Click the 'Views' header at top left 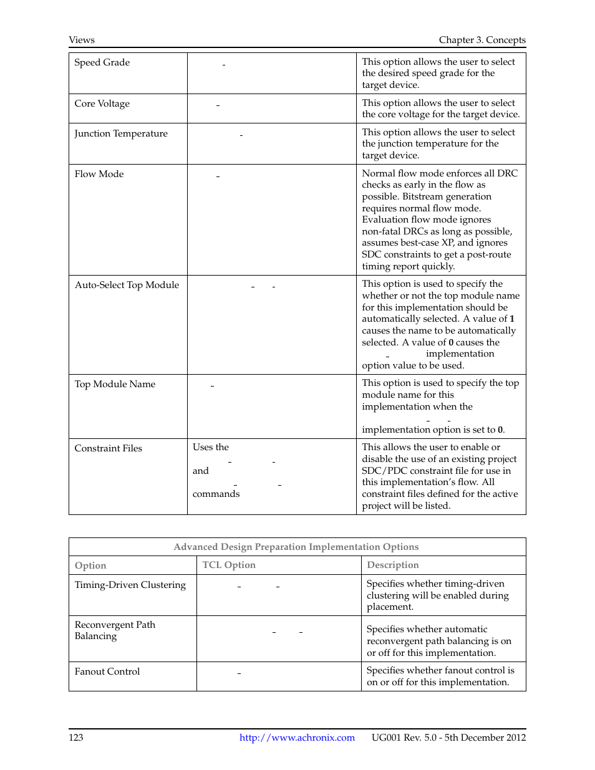(x=82, y=40)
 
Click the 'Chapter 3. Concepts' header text (x=481, y=40)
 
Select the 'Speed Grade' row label (x=102, y=62)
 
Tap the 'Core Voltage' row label (x=102, y=103)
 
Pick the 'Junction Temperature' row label (x=121, y=133)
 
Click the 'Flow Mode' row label (x=99, y=174)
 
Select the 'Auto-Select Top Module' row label (x=127, y=285)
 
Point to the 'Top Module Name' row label (x=115, y=384)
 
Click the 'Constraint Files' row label (x=109, y=448)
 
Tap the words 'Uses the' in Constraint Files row (x=211, y=447)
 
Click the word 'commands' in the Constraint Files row (x=216, y=494)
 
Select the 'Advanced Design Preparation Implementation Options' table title (x=296, y=547)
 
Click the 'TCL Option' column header (x=229, y=565)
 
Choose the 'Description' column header (x=393, y=565)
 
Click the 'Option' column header (x=90, y=565)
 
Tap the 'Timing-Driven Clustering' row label (x=130, y=585)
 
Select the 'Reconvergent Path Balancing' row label (x=115, y=630)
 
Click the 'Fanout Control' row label (x=107, y=671)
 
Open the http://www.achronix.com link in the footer (x=297, y=738)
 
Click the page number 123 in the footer (x=76, y=738)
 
